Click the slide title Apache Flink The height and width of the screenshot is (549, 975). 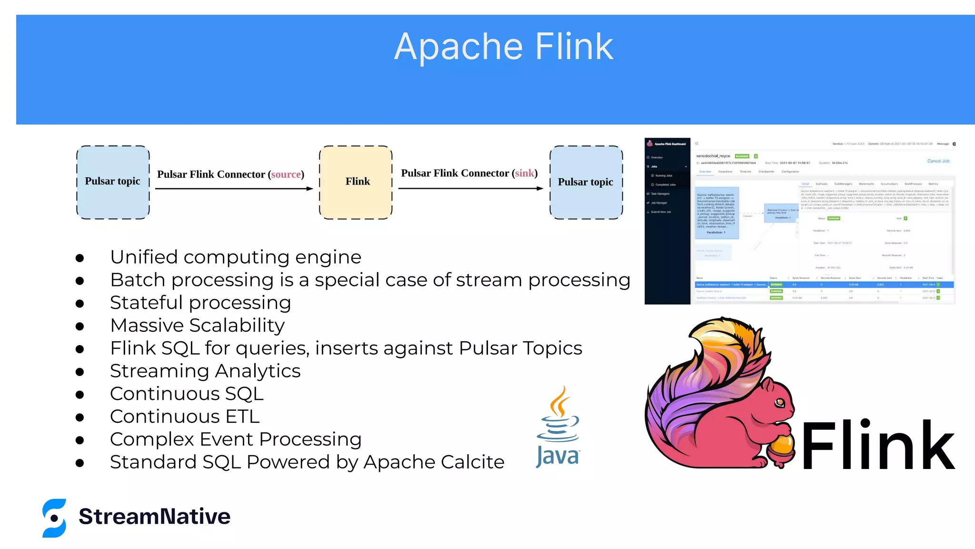click(x=504, y=47)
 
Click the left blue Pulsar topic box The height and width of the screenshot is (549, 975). click(x=113, y=182)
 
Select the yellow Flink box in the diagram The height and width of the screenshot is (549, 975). click(x=356, y=182)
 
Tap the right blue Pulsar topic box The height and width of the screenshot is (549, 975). click(x=586, y=182)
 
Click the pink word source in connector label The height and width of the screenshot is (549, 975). click(x=286, y=174)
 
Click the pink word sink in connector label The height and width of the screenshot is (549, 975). click(x=525, y=173)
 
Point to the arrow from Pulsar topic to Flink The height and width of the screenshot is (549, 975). click(x=233, y=189)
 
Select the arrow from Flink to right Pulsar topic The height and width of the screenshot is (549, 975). click(x=470, y=189)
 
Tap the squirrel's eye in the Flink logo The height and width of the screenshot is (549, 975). click(x=779, y=403)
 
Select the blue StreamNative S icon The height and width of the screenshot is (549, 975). click(x=54, y=518)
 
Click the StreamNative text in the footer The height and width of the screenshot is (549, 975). click(x=154, y=517)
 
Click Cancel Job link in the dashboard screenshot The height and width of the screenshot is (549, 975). click(x=938, y=161)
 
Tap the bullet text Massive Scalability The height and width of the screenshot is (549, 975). click(x=197, y=325)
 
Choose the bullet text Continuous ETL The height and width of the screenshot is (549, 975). click(x=185, y=417)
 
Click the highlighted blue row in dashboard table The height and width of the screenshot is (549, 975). click(x=824, y=285)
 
